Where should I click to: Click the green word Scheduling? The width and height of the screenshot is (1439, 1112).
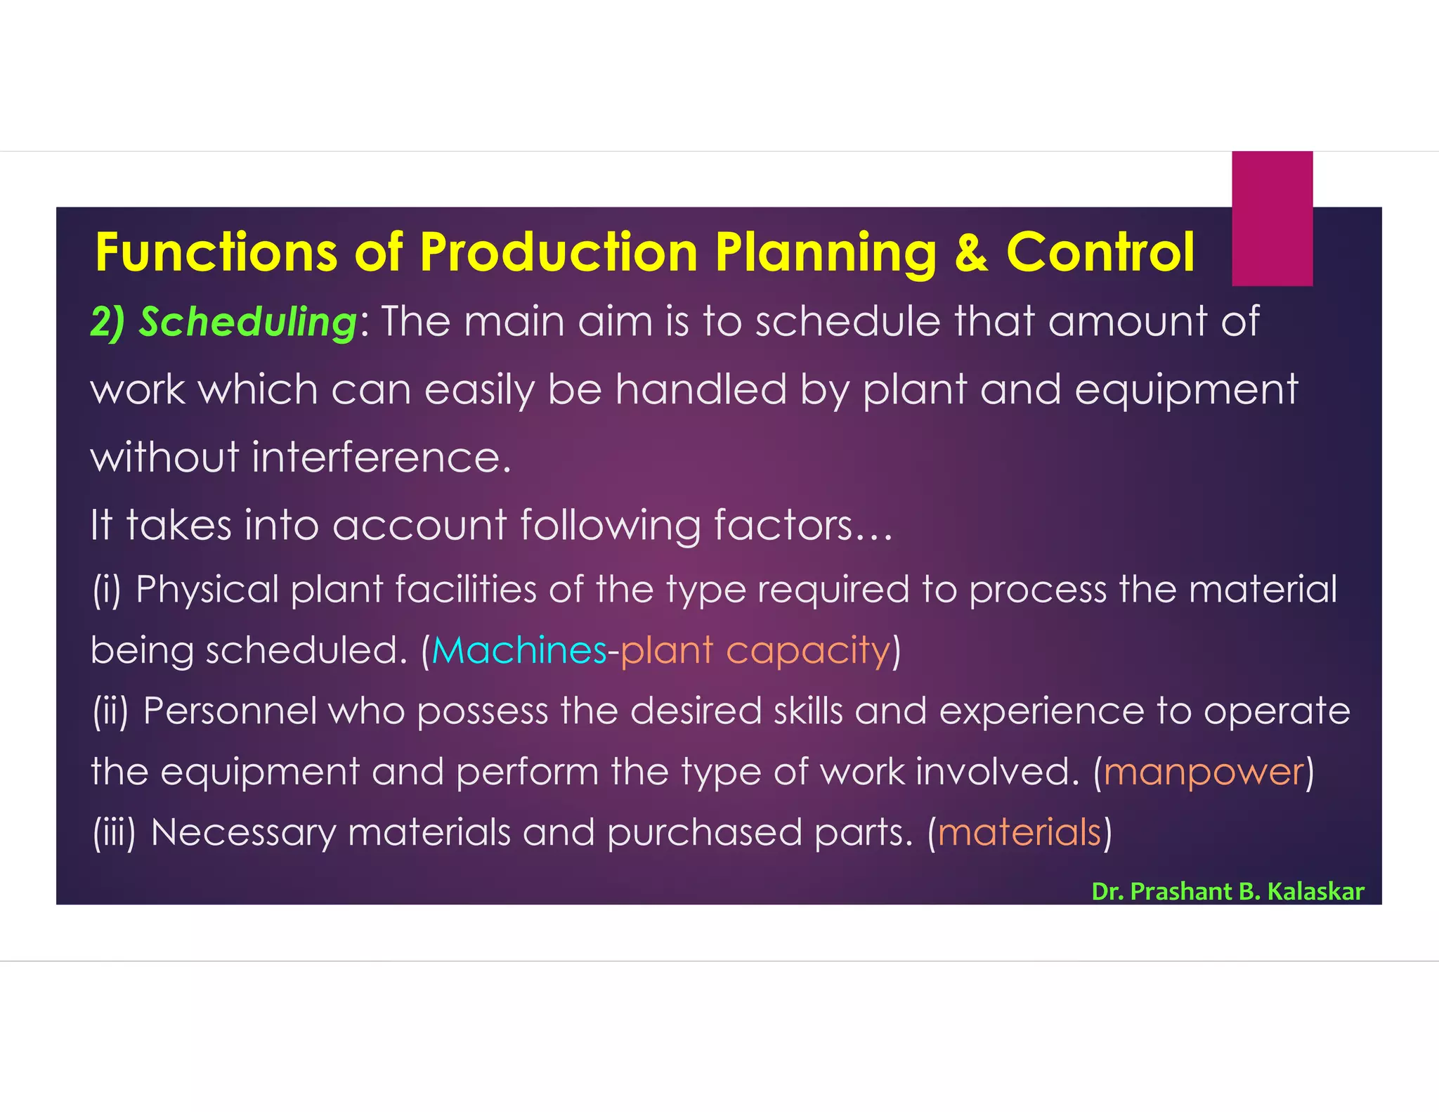tap(247, 323)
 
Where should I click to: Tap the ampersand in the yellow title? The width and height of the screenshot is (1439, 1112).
tap(971, 253)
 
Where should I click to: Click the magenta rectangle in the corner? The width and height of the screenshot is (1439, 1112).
tap(1272, 218)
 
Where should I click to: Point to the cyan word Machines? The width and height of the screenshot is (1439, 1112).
tap(519, 650)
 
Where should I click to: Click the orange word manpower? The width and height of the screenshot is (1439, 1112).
tap(1204, 772)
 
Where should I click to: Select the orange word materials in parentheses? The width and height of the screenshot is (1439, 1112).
tap(1019, 832)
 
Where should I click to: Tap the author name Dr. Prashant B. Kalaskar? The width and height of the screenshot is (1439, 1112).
tap(1228, 891)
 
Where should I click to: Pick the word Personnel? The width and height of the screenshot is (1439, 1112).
tap(230, 711)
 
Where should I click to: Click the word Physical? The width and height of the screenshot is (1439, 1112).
tap(207, 589)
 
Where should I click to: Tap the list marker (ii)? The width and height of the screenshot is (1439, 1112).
tap(111, 711)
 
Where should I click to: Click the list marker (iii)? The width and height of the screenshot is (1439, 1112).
tap(114, 832)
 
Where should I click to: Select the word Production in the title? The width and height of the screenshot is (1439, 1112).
tap(559, 252)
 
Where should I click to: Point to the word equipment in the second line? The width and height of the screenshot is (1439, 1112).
tap(1186, 391)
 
